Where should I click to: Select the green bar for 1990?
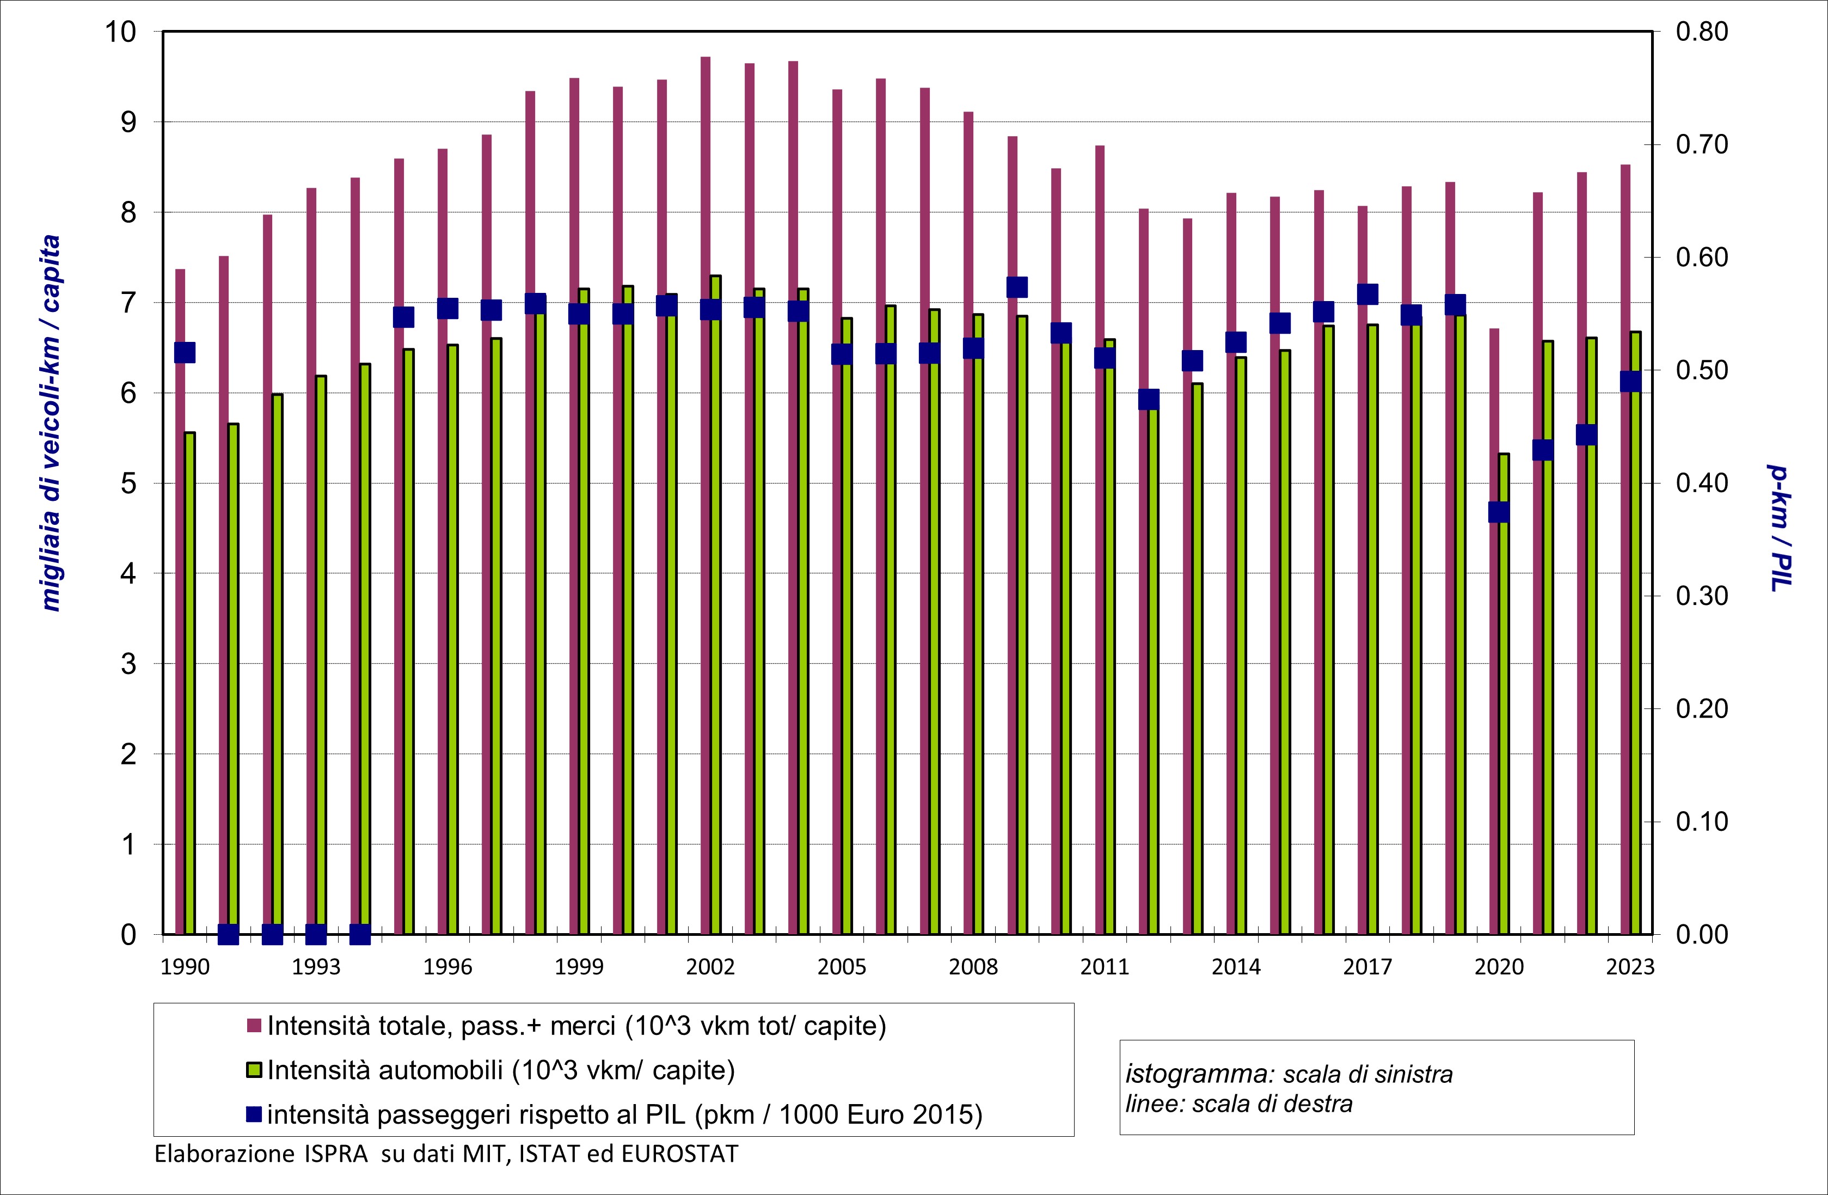pos(189,683)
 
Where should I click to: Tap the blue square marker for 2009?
pos(1017,287)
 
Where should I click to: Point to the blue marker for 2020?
pos(1499,512)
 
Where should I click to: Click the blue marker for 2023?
pos(1630,382)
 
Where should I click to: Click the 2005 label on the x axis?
pos(841,967)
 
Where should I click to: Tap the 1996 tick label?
pos(447,967)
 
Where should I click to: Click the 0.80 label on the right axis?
pos(1701,32)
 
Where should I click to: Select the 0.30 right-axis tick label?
pos(1701,596)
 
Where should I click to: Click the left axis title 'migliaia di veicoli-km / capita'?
pos(51,422)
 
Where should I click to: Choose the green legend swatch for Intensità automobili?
pos(254,1070)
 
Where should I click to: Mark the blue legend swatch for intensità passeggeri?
pos(254,1113)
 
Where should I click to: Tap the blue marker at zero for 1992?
pos(272,935)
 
